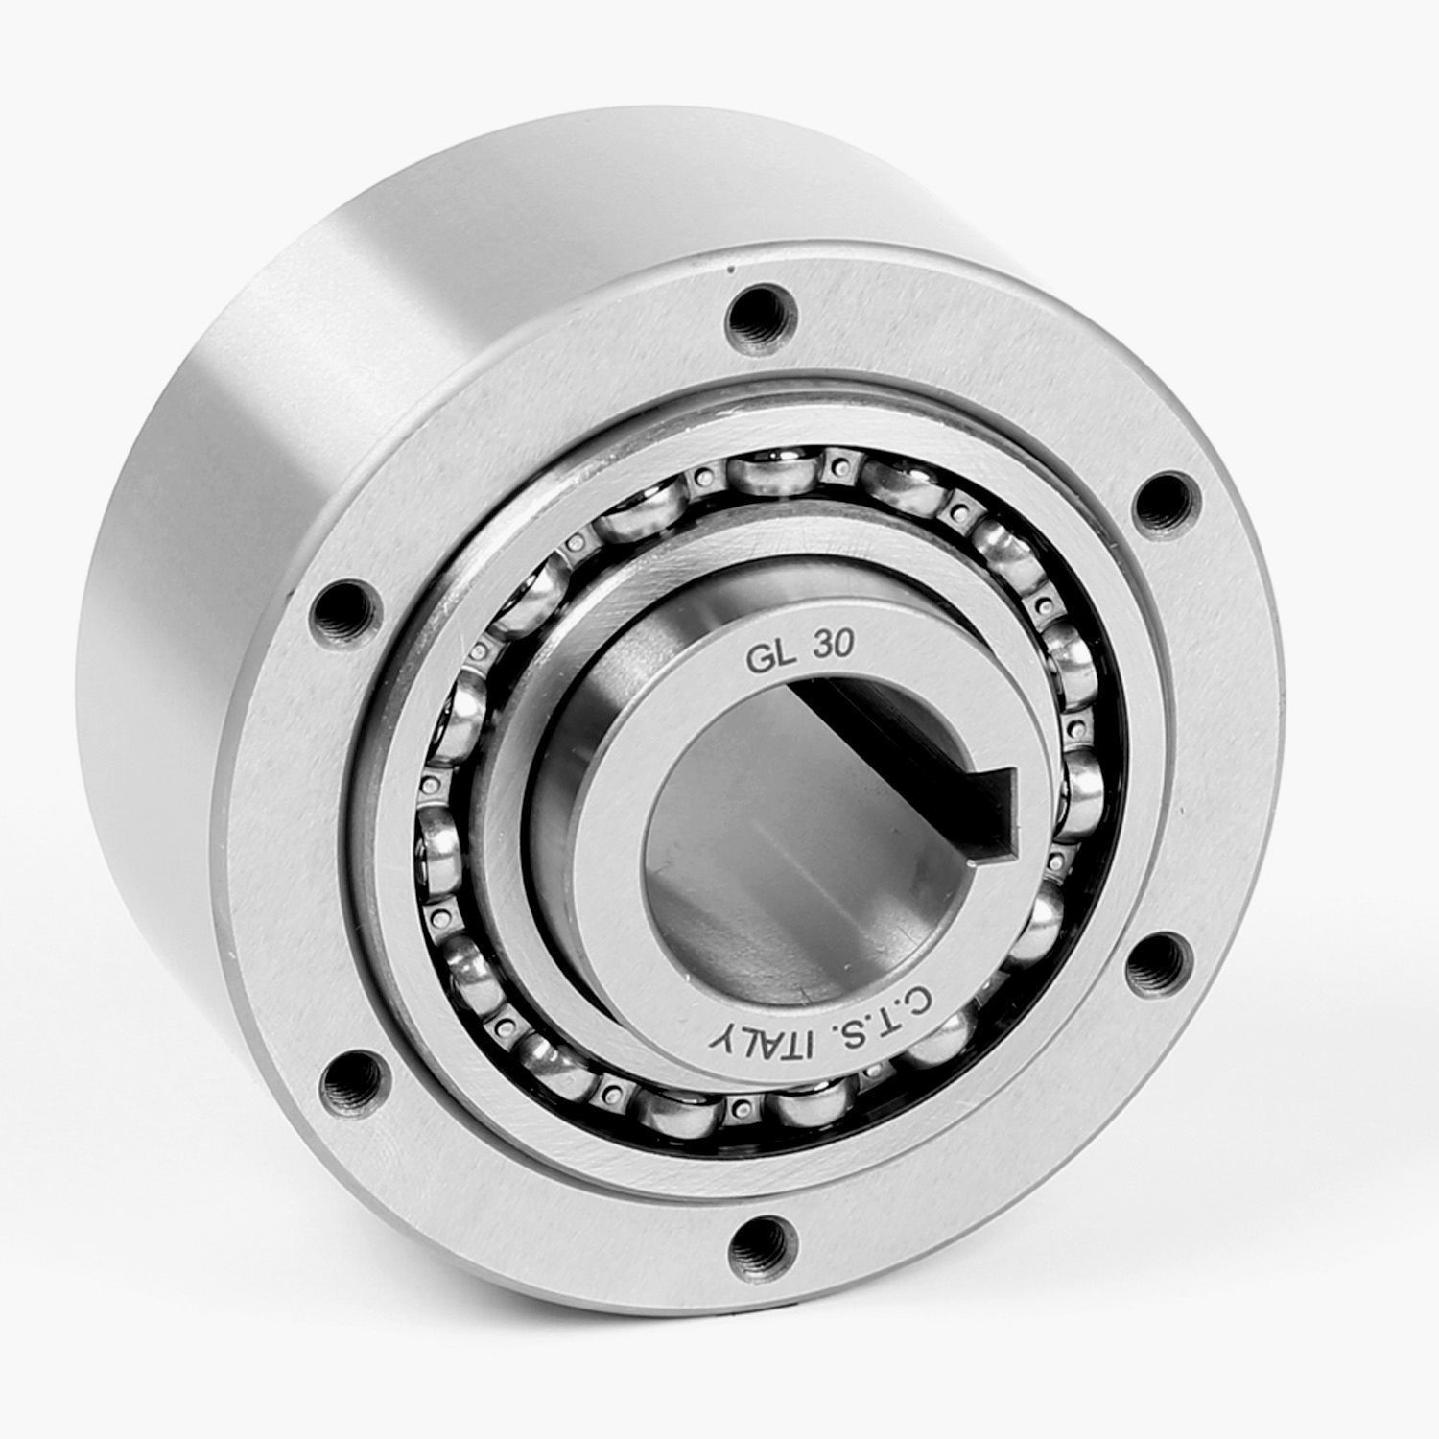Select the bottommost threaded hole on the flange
(764, 1247)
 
